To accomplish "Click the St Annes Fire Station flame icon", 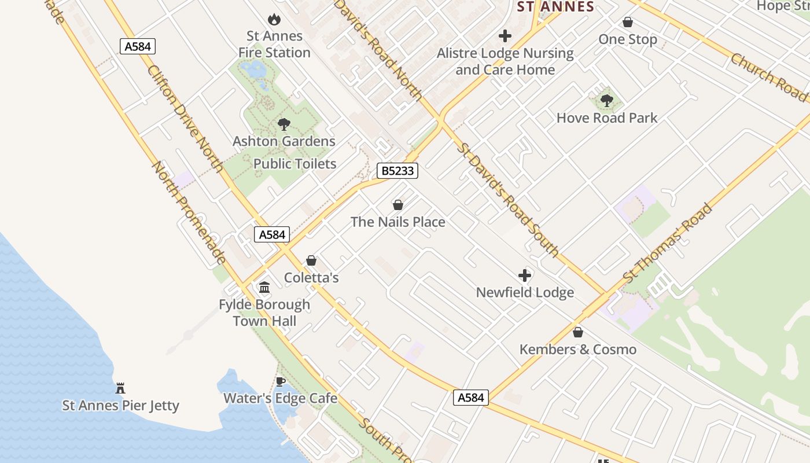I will coord(274,20).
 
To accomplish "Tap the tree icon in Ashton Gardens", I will coord(283,124).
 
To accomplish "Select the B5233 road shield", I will coord(397,171).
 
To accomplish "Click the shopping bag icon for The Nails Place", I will coord(398,205).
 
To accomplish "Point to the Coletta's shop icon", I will coord(311,260).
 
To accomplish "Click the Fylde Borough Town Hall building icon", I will coord(264,287).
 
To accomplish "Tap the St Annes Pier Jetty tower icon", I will coord(120,388).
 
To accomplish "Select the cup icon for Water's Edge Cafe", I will coord(281,381).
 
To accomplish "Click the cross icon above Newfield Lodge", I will coord(525,275).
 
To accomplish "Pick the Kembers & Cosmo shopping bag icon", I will coord(577,332).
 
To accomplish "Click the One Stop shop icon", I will coord(628,22).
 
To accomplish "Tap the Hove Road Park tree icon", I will coord(606,101).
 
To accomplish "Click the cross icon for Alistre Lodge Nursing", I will coord(505,36).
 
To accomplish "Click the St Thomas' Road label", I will coord(668,243).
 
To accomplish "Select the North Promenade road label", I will coord(189,212).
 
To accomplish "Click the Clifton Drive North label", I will coord(185,119).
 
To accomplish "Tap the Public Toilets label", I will coord(294,164).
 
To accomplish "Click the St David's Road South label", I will coord(508,199).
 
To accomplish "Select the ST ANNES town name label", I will coord(555,7).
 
